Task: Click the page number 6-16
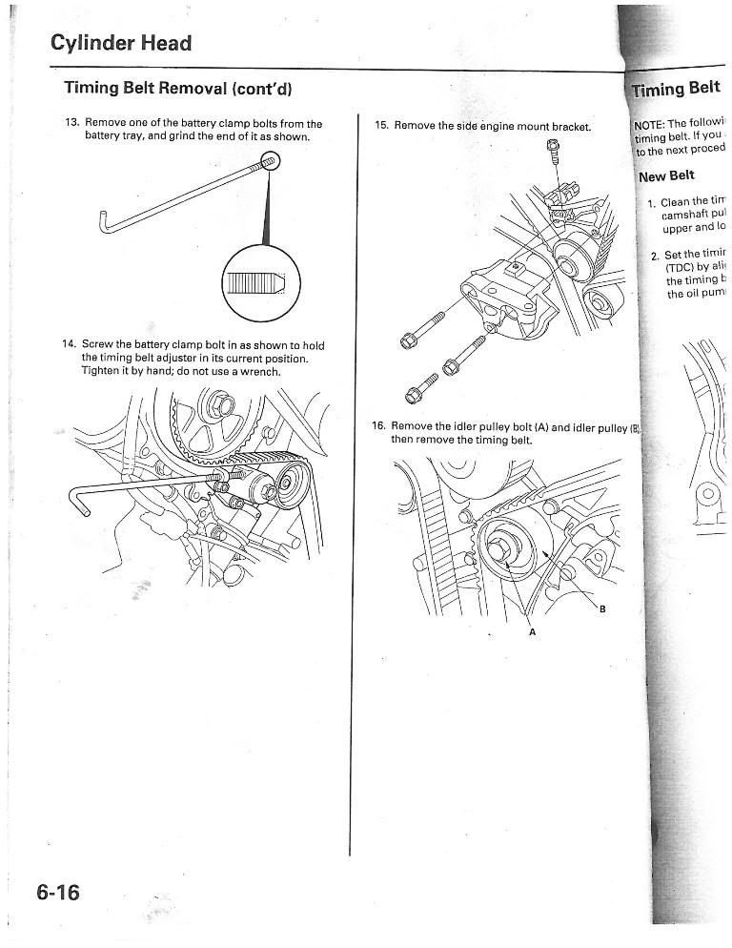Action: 59,894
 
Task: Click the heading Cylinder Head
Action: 120,43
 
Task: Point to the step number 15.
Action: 381,126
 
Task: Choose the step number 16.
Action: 378,426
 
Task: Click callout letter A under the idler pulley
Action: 532,632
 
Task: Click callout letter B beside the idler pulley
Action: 601,610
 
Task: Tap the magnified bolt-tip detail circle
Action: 260,283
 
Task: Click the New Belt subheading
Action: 666,176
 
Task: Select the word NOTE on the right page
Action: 652,123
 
